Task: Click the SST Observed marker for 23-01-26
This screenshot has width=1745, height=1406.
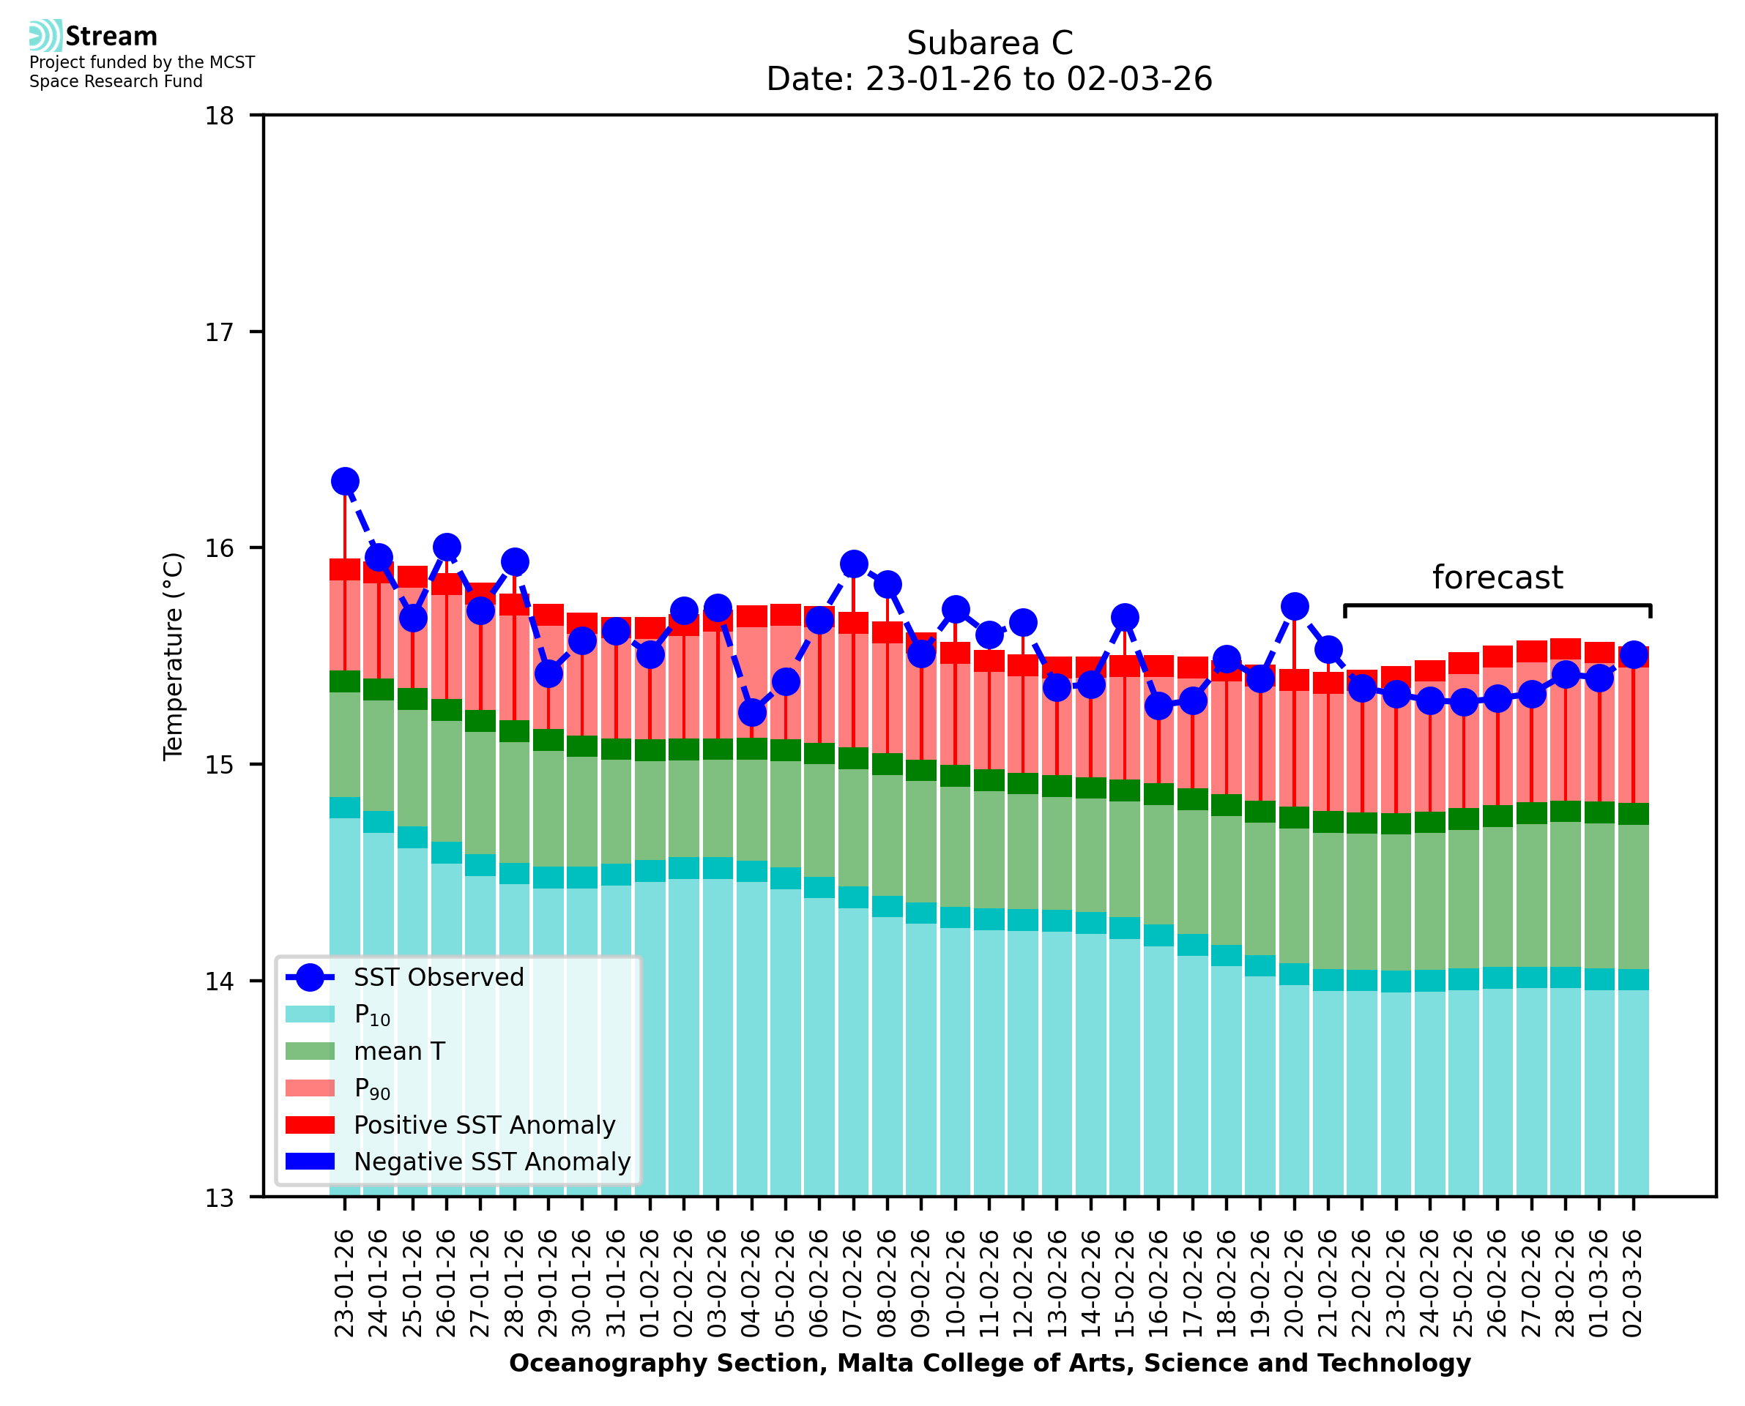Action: (x=345, y=481)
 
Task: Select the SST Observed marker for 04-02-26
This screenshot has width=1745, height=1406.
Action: (x=752, y=713)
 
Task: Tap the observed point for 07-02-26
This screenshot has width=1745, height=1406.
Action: (x=853, y=564)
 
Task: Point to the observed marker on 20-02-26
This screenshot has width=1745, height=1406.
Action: (x=1294, y=606)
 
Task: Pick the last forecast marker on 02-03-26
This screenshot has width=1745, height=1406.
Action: (x=1633, y=654)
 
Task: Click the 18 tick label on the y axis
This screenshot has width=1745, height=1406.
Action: (x=219, y=116)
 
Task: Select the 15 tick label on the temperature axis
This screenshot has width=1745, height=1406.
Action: (x=219, y=765)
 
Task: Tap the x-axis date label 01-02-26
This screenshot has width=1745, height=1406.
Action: (x=650, y=1283)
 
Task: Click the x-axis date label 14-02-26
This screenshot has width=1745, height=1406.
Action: (x=1090, y=1283)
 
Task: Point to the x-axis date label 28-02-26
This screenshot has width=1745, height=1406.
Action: (x=1565, y=1283)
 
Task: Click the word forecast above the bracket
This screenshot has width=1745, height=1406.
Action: (x=1497, y=577)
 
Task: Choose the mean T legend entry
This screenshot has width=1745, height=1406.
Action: (x=398, y=1051)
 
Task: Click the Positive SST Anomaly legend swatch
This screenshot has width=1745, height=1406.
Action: (x=310, y=1125)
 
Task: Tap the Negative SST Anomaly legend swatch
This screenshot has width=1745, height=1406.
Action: (x=310, y=1162)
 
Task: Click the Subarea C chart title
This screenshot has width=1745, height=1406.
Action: (x=989, y=43)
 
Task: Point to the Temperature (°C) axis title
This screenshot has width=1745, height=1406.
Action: (x=174, y=656)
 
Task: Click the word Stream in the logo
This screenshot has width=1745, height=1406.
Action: (x=111, y=37)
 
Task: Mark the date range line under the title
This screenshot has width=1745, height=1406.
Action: (x=989, y=79)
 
